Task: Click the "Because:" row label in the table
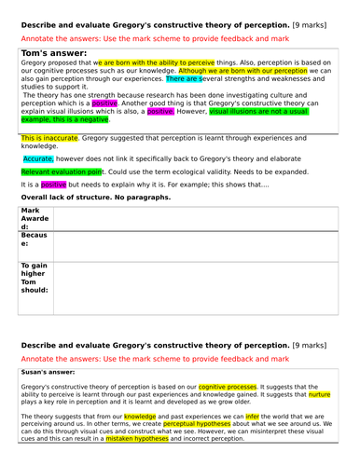33,241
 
